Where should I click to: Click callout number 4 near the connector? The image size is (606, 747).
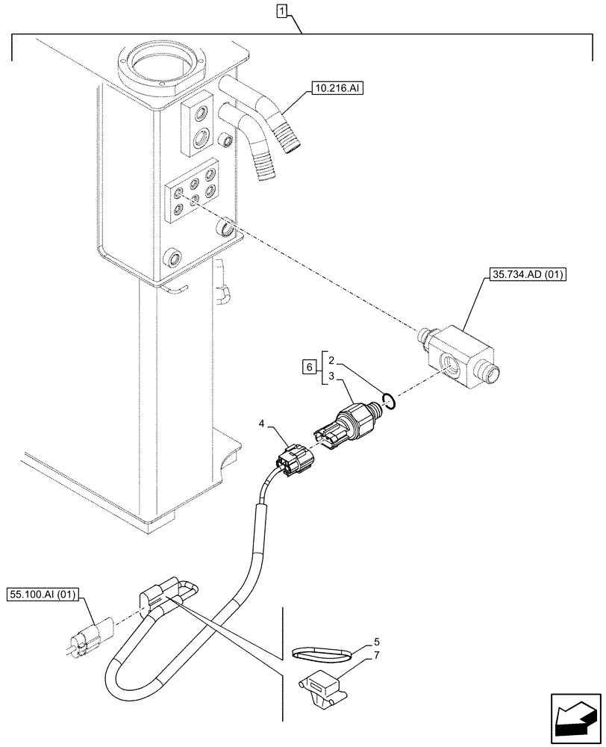tap(261, 425)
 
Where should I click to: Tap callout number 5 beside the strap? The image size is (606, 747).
tap(376, 641)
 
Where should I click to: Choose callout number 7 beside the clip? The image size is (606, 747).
tap(376, 655)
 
